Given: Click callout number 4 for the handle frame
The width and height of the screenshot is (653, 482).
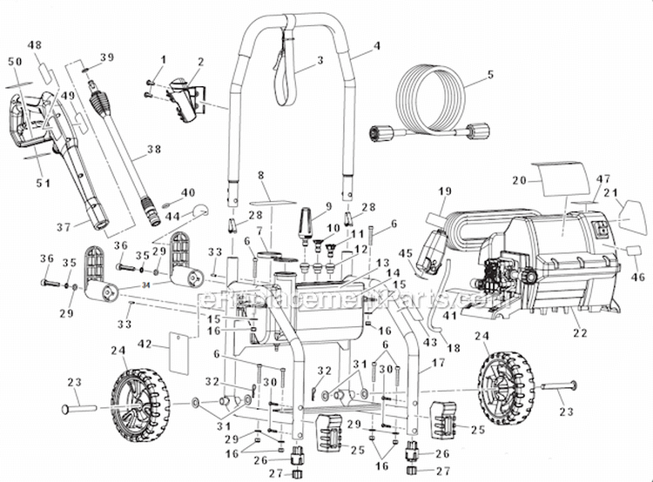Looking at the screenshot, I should (x=377, y=46).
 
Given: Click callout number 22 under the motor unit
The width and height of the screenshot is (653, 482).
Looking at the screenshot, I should (x=581, y=333).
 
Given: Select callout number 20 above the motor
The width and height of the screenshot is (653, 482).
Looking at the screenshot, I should (x=521, y=181).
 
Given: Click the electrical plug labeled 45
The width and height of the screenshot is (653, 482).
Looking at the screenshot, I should (x=430, y=258).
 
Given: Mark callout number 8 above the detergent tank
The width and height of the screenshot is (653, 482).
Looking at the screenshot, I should (x=259, y=176).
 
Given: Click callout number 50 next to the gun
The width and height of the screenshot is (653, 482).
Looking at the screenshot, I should (x=13, y=62).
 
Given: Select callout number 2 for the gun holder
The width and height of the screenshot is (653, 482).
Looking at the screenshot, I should (x=200, y=62).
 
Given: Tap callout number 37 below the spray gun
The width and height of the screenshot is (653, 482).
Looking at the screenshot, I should (x=63, y=227).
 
